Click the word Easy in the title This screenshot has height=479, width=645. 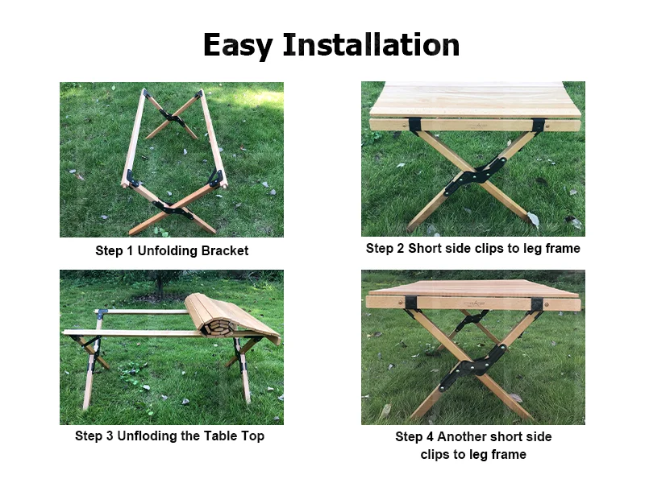click(x=238, y=46)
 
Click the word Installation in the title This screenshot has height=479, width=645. click(x=371, y=44)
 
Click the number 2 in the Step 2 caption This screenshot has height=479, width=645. click(x=400, y=248)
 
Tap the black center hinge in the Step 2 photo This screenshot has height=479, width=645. click(x=475, y=176)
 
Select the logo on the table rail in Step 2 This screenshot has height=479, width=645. click(x=477, y=124)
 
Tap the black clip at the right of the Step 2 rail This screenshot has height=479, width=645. click(x=538, y=125)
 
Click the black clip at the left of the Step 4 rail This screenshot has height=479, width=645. click(x=410, y=304)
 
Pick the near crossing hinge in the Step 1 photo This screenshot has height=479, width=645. click(x=173, y=209)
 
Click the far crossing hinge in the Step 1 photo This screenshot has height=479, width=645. click(x=173, y=118)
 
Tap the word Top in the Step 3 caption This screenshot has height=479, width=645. click(x=253, y=436)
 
